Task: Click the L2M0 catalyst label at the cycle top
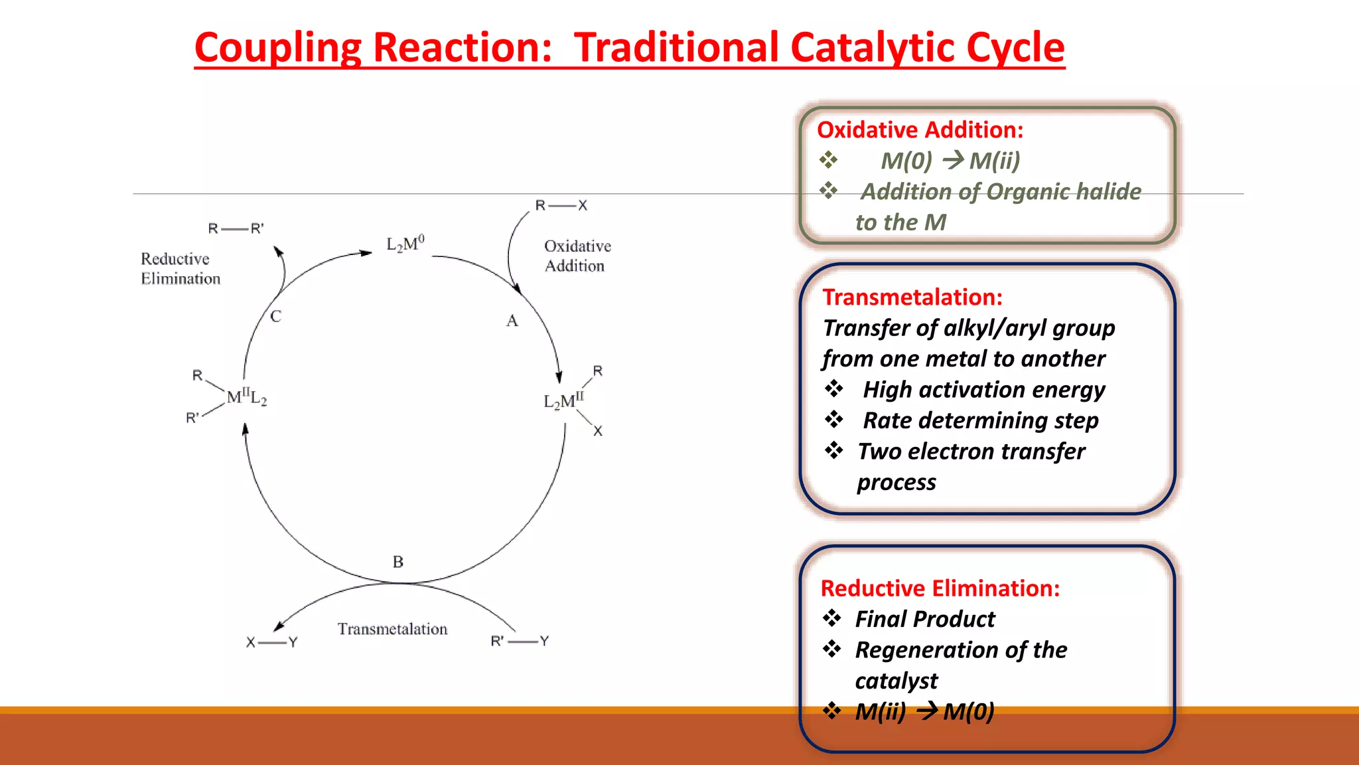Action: (405, 244)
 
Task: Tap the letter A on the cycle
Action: (512, 321)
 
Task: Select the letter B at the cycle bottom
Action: (398, 562)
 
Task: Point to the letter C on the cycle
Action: (275, 317)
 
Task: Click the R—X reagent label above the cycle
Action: (561, 206)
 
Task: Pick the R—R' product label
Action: (236, 229)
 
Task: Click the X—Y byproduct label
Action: (271, 642)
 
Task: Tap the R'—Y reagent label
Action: (520, 641)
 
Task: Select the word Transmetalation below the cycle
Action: (392, 629)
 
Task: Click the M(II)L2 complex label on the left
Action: (246, 398)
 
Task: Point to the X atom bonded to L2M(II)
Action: (598, 432)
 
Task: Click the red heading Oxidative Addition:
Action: (920, 130)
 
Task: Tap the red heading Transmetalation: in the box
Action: (912, 297)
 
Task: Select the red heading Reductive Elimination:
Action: (940, 588)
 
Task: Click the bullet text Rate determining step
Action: (980, 420)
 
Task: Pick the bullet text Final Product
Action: (924, 619)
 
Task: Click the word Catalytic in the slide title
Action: (873, 48)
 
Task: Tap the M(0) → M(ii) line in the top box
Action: (950, 161)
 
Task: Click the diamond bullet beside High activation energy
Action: (833, 389)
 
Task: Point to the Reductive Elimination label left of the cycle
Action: (180, 269)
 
